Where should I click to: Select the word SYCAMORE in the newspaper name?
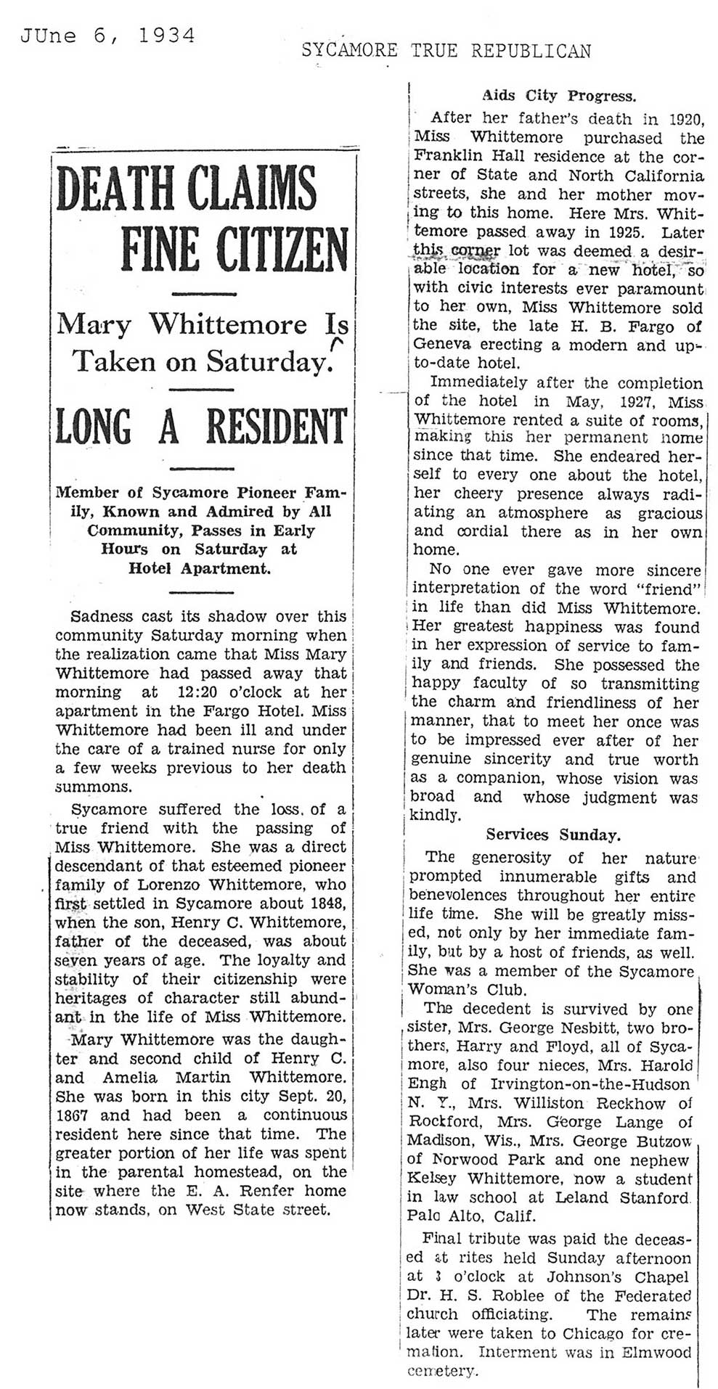coord(349,50)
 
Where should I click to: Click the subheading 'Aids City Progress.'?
coord(558,96)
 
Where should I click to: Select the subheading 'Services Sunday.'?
coord(552,835)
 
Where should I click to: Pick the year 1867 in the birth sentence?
coord(76,1115)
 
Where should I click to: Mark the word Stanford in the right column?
coord(653,1197)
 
